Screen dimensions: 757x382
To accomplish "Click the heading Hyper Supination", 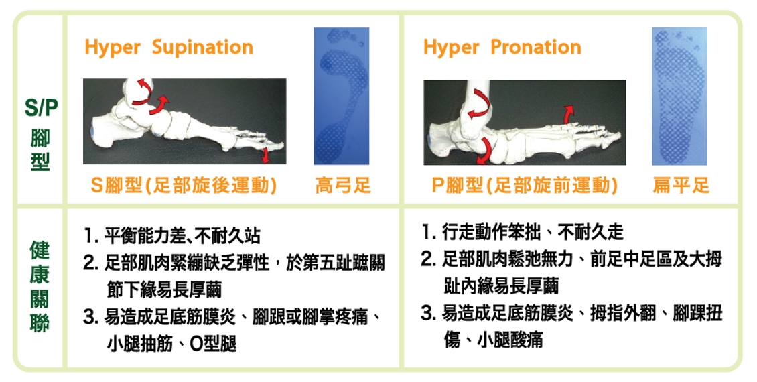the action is [169, 48].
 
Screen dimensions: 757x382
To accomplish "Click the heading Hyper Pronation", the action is [502, 48].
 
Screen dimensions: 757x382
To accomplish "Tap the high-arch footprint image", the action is [342, 96].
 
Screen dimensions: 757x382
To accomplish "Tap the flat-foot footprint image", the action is [679, 96].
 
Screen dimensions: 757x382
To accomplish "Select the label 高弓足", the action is [343, 185].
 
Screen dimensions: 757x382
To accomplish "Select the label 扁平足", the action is [681, 185].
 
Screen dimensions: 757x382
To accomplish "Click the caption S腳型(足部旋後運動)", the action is [184, 185].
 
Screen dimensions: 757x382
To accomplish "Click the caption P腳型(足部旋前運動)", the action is [525, 185].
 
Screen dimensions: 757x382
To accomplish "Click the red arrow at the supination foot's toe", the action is [265, 155].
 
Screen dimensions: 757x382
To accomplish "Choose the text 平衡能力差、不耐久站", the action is [182, 236].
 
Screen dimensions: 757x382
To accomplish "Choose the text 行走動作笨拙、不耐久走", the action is [533, 233].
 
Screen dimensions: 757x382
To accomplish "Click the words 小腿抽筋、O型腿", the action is [171, 344].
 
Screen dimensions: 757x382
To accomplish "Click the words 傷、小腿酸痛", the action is [493, 340].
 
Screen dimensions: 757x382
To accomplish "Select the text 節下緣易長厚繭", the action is [163, 290].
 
